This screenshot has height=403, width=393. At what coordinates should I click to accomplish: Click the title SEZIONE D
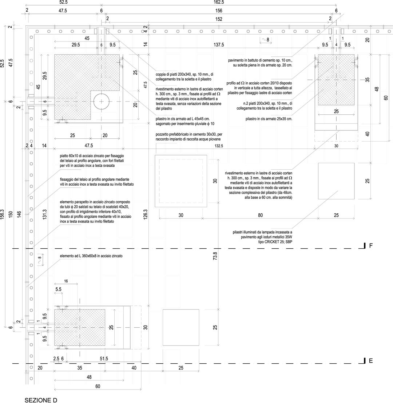41,400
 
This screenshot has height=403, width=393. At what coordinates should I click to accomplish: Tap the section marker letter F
371,246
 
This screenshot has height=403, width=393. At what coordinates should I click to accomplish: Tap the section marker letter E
371,361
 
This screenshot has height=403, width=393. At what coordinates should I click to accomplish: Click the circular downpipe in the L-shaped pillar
101,102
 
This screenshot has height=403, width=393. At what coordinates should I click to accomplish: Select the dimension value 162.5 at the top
219,2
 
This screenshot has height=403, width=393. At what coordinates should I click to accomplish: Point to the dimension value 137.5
219,45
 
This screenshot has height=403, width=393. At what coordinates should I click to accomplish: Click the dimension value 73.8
215,256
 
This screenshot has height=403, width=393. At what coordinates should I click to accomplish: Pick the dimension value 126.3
146,214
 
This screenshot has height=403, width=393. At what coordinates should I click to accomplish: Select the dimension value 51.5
104,359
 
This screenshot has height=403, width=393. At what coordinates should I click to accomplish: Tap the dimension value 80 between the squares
260,215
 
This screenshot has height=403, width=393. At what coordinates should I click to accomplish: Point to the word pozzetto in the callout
162,134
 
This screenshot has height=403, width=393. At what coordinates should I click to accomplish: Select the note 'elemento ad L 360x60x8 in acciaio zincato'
91,256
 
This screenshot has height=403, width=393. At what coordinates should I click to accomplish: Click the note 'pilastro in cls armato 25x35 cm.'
269,119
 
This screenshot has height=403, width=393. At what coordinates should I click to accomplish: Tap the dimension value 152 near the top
219,19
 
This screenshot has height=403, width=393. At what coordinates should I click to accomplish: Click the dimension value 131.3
44,214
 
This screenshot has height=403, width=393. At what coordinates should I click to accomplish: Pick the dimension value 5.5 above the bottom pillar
58,289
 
